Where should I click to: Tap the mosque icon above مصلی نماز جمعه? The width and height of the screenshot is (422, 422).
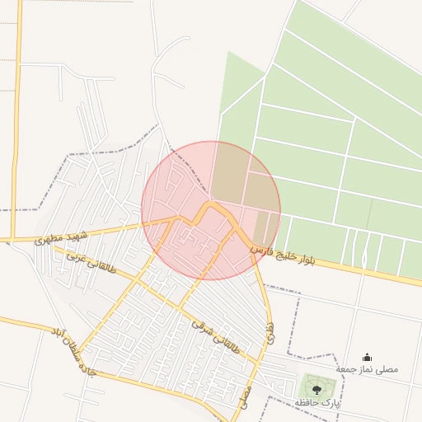click(x=367, y=357)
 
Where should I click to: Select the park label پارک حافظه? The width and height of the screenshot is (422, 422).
click(x=317, y=402)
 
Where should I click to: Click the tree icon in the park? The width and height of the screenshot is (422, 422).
click(x=317, y=389)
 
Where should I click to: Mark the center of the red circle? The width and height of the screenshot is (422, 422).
click(x=211, y=210)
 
